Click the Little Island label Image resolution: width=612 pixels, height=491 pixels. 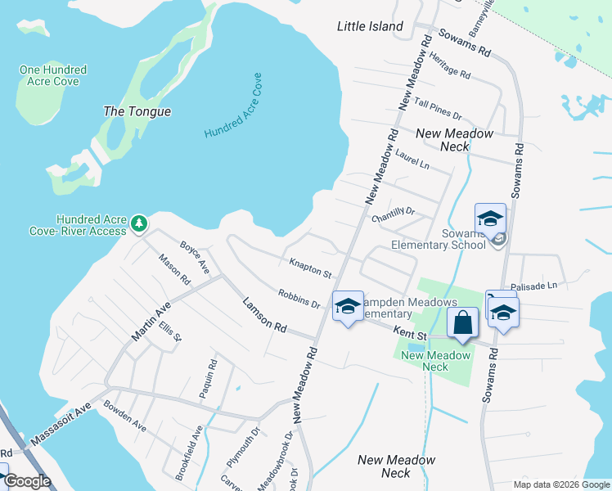pos(370,26)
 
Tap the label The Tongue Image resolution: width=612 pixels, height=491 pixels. pos(137,111)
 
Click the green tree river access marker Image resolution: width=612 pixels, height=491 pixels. pos(140,222)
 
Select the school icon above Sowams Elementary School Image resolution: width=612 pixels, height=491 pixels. pos(490,218)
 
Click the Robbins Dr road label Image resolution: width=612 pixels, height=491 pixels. pos(299,299)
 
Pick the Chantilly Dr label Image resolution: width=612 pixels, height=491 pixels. pos(394,214)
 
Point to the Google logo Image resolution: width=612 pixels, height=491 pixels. pos(27,481)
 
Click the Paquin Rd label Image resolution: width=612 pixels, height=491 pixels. pos(208,380)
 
